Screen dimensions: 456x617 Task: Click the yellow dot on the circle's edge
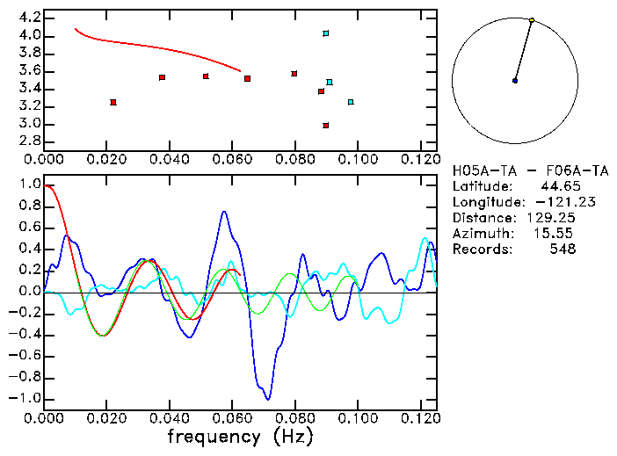point(532,19)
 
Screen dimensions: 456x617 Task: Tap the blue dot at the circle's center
point(515,81)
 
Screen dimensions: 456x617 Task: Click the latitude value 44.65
point(560,186)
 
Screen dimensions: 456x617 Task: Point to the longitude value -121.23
point(551,202)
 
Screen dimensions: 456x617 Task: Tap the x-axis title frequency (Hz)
point(241,437)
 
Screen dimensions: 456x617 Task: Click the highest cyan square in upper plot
point(326,33)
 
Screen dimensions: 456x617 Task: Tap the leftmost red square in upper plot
point(113,103)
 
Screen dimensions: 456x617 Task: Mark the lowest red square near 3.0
point(326,126)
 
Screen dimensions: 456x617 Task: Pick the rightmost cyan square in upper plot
point(351,102)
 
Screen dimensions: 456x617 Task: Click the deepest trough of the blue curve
point(267,399)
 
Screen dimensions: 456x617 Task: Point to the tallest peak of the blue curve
point(225,212)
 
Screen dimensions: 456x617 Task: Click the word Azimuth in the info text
point(479,234)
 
